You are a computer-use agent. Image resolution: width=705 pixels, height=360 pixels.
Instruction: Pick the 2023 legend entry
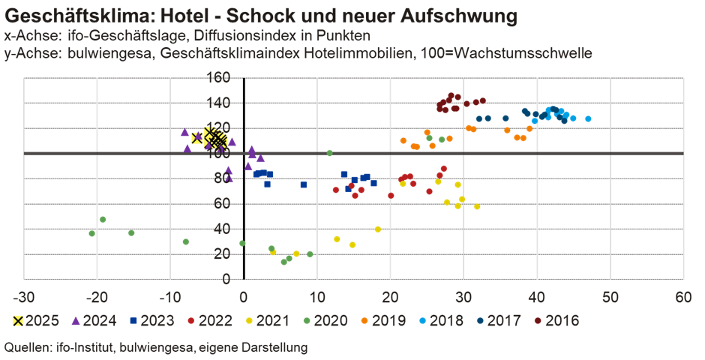pyautogui.click(x=152, y=321)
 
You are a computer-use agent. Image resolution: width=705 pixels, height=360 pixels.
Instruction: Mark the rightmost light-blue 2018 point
pyautogui.click(x=588, y=118)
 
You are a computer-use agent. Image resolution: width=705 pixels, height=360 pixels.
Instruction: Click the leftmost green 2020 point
pyautogui.click(x=92, y=233)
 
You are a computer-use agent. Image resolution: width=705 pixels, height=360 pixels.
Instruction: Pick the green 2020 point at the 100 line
pyautogui.click(x=329, y=153)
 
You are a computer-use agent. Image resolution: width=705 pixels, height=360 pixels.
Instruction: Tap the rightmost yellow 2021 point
pyautogui.click(x=477, y=207)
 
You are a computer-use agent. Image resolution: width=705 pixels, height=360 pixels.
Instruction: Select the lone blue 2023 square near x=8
pyautogui.click(x=304, y=184)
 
